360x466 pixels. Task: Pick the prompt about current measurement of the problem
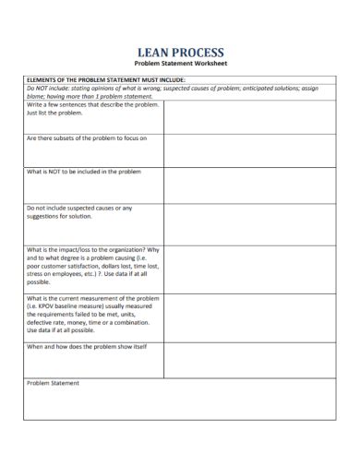(92, 314)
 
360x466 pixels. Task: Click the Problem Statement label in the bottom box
(53, 383)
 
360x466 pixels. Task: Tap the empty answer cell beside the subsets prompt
(254, 149)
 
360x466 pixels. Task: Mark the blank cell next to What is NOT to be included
(254, 185)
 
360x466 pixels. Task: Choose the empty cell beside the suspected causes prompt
(254, 223)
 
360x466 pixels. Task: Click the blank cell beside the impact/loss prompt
(254, 269)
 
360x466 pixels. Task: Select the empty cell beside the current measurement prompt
(254, 317)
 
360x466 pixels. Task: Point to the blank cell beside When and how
(254, 360)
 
